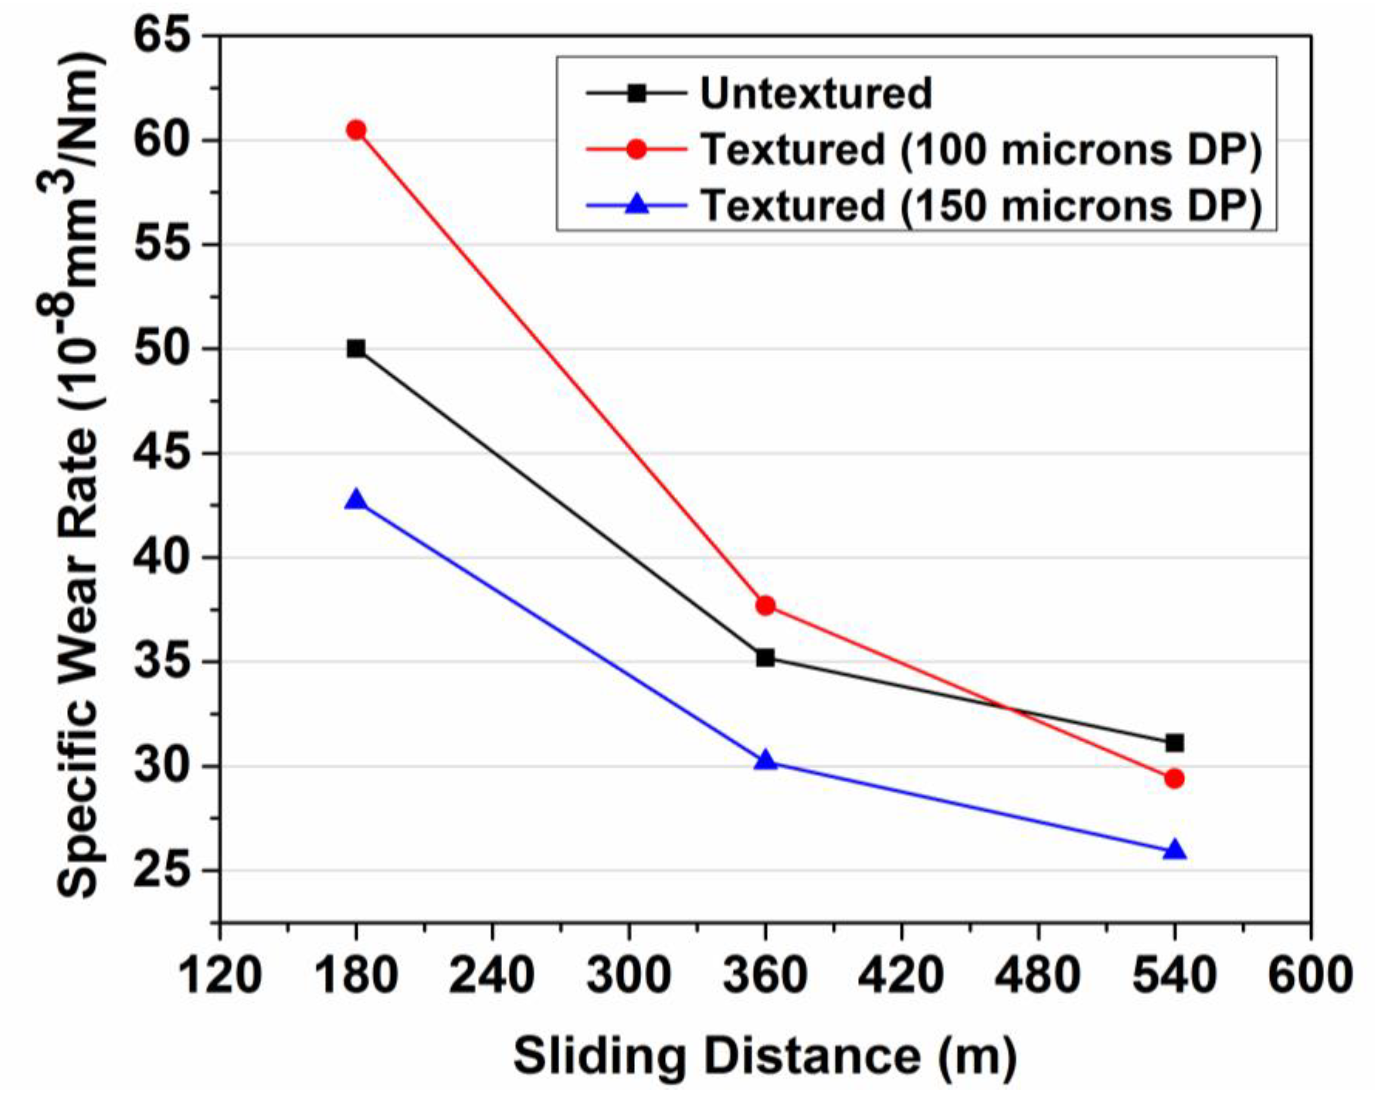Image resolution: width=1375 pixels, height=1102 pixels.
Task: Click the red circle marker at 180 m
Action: [x=356, y=130]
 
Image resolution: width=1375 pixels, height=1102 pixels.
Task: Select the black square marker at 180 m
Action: [x=356, y=348]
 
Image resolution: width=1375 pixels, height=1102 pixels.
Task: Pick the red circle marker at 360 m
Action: [x=765, y=605]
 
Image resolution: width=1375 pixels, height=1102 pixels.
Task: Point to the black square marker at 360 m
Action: [x=765, y=657]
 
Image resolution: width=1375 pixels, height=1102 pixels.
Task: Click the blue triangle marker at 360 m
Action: [x=765, y=761]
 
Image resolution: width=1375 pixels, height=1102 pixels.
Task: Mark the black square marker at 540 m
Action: [x=1174, y=743]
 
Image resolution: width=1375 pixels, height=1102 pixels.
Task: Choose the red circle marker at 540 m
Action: [x=1174, y=779]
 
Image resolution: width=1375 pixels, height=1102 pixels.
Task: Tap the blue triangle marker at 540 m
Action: [x=1174, y=851]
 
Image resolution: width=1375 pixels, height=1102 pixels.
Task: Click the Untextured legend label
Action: [x=816, y=94]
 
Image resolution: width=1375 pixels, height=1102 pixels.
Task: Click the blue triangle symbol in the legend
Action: [x=636, y=205]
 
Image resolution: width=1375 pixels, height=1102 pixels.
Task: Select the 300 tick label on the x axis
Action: [x=629, y=976]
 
